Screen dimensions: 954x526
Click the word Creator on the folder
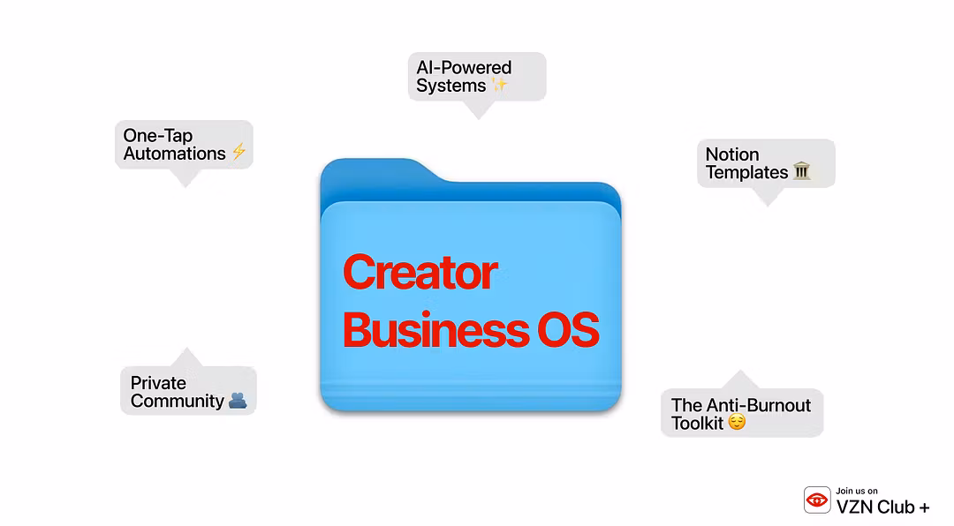click(420, 273)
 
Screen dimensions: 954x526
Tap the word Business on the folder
click(435, 330)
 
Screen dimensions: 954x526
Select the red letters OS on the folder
click(568, 330)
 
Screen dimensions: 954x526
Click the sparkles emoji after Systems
click(499, 85)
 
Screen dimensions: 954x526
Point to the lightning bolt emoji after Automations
click(239, 152)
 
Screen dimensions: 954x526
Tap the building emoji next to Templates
click(802, 171)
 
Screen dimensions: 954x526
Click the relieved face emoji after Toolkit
click(737, 422)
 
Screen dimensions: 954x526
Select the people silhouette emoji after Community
click(238, 400)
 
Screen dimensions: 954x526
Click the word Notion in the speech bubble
click(732, 154)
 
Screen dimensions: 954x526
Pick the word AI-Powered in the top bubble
click(464, 67)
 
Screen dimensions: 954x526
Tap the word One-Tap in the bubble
click(157, 136)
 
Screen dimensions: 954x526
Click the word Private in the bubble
click(158, 383)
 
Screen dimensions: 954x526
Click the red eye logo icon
click(817, 500)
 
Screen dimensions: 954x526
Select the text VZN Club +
click(882, 507)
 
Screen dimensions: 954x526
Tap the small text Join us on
click(857, 491)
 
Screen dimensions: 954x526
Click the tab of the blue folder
click(378, 169)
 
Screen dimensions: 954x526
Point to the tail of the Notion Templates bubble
click(768, 197)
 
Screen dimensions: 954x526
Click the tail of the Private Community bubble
click(186, 357)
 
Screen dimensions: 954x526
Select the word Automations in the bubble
click(175, 154)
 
